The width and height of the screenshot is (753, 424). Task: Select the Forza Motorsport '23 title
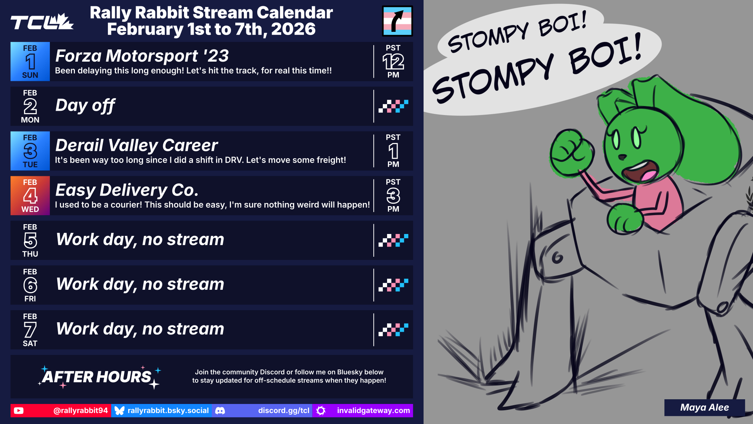pyautogui.click(x=142, y=56)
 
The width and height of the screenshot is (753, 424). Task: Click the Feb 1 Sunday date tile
pyautogui.click(x=30, y=62)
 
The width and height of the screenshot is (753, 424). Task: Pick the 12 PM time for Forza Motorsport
pyautogui.click(x=393, y=62)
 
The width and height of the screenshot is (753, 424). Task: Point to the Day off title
pyautogui.click(x=85, y=105)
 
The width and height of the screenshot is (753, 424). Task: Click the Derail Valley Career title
pyautogui.click(x=136, y=145)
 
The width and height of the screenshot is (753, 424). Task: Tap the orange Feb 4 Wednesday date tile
pyautogui.click(x=30, y=196)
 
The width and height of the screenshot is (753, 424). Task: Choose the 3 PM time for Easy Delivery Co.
pyautogui.click(x=393, y=196)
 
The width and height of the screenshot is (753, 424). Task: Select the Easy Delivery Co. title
pyautogui.click(x=127, y=190)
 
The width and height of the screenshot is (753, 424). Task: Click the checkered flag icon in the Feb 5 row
pyautogui.click(x=393, y=240)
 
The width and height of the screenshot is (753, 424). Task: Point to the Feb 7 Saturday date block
pyautogui.click(x=30, y=330)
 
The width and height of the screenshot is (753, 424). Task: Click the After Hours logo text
pyautogui.click(x=97, y=377)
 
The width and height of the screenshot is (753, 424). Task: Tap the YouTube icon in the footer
pyautogui.click(x=18, y=411)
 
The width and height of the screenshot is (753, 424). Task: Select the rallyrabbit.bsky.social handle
pyautogui.click(x=168, y=411)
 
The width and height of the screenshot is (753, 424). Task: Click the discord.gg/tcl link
pyautogui.click(x=284, y=411)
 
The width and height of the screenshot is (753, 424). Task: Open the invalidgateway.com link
pyautogui.click(x=373, y=411)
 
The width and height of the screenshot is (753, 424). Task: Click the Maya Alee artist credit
pyautogui.click(x=704, y=408)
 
